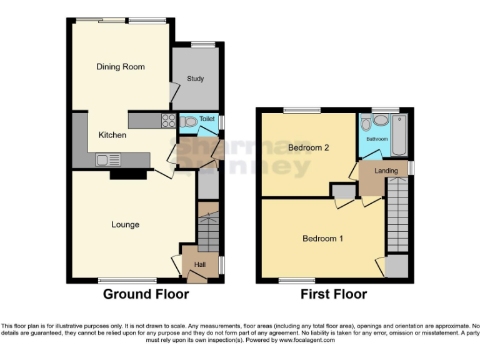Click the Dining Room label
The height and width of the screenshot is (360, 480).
pyautogui.click(x=120, y=67)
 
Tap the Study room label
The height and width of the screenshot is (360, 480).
pyautogui.click(x=195, y=79)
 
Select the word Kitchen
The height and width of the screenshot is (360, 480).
pyautogui.click(x=112, y=135)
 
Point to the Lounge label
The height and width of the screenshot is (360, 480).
pyautogui.click(x=125, y=224)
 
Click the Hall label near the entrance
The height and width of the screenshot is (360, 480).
pyautogui.click(x=200, y=265)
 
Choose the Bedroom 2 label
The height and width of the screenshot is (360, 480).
pyautogui.click(x=308, y=147)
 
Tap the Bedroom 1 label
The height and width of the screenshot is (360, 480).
pyautogui.click(x=322, y=238)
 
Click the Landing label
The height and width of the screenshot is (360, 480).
pyautogui.click(x=386, y=171)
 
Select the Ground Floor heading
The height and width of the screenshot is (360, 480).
pyautogui.click(x=146, y=294)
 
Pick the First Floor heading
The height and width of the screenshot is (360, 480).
pyautogui.click(x=334, y=294)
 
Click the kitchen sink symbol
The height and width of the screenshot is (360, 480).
pyautogui.click(x=108, y=161)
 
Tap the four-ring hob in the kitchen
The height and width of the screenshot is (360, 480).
pyautogui.click(x=169, y=121)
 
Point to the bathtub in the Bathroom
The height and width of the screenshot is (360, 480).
pyautogui.click(x=399, y=135)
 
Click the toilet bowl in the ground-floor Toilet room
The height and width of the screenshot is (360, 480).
pyautogui.click(x=188, y=121)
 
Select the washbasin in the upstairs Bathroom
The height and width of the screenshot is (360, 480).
pyautogui.click(x=379, y=121)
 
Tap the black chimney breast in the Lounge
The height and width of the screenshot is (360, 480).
pyautogui.click(x=128, y=174)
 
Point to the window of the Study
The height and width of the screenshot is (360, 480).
pyautogui.click(x=201, y=44)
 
